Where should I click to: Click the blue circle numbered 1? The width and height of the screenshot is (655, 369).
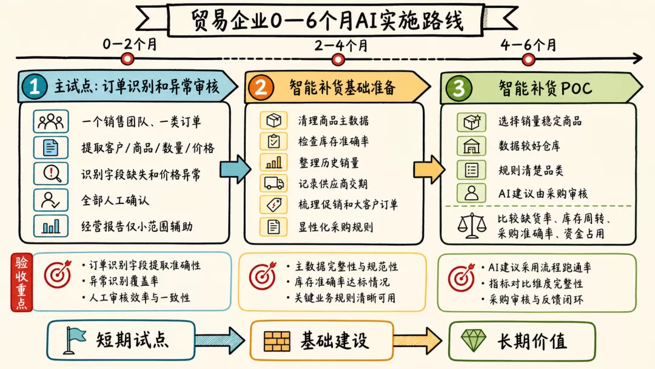34,87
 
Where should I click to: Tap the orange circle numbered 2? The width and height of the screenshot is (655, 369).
261,87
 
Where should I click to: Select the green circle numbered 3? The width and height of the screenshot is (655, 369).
458,88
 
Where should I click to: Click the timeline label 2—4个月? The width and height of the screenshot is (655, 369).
341,45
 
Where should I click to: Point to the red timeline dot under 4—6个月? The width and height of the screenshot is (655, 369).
528,59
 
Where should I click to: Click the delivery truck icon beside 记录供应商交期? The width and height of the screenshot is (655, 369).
274,183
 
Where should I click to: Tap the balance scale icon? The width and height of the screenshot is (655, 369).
472,225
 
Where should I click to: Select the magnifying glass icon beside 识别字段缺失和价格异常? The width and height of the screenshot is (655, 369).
51,174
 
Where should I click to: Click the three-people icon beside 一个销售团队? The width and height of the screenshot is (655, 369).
51,121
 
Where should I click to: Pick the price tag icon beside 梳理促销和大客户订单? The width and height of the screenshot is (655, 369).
274,205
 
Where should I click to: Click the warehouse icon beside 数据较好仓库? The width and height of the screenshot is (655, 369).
471,146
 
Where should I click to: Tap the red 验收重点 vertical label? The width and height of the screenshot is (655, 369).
21,282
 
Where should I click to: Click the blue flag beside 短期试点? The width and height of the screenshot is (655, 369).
74,340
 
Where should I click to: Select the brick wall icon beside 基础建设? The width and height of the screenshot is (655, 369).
277,341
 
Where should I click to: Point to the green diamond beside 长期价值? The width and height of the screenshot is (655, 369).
473,340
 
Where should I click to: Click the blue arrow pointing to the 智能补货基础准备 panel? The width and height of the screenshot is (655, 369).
236,169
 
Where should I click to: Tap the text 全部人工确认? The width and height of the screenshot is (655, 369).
115,201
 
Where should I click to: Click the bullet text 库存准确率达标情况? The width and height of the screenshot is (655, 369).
341,282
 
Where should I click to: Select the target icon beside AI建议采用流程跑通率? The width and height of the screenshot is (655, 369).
462,277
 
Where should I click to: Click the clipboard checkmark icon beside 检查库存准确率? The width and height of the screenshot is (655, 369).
274,141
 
